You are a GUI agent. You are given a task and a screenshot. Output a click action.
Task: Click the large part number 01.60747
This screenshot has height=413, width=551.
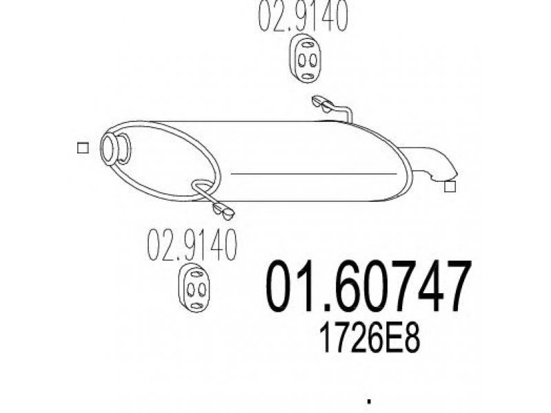tap(368, 287)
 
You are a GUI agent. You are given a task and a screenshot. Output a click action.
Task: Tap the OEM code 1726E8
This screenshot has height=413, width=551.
tap(370, 337)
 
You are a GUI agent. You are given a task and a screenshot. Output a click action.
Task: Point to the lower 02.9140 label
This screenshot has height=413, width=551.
tap(192, 245)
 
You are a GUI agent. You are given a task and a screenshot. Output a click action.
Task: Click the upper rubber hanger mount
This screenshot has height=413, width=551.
tap(306, 59)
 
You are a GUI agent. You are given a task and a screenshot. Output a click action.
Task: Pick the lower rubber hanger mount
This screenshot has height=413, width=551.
tap(195, 287)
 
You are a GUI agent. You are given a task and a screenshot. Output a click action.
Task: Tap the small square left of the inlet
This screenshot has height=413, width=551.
tap(83, 148)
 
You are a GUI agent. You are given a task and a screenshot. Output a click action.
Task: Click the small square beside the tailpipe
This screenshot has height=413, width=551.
tap(450, 187)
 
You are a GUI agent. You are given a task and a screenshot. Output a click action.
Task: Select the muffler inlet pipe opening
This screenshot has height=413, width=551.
tap(110, 149)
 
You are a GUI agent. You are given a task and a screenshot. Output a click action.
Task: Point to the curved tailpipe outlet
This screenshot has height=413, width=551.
tap(433, 162)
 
